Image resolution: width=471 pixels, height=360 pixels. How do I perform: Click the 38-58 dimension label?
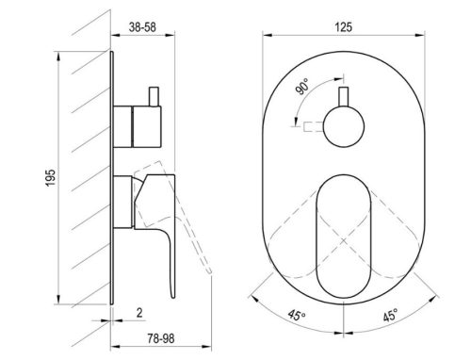pos(142,27)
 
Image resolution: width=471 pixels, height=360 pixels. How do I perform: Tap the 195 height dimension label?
pos(51,178)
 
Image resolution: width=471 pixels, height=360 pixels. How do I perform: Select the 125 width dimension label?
pos(343,27)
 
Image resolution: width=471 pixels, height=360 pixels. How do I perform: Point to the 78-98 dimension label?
pos(161,338)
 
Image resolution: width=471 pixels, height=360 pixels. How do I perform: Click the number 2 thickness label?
pos(139,313)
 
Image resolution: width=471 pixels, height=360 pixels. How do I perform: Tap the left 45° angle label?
pos(297,316)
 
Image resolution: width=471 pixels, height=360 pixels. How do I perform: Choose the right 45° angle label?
pos(390,315)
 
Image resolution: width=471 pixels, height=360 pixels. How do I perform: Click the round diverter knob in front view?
pos(344,127)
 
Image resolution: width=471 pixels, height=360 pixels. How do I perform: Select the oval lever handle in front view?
pos(344,237)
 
